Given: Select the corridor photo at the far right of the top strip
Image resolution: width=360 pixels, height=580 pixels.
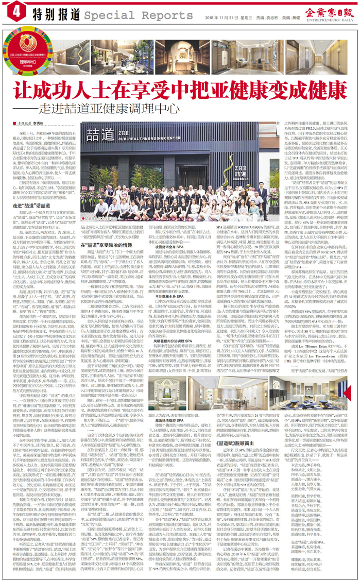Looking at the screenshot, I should pos(330,52).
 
